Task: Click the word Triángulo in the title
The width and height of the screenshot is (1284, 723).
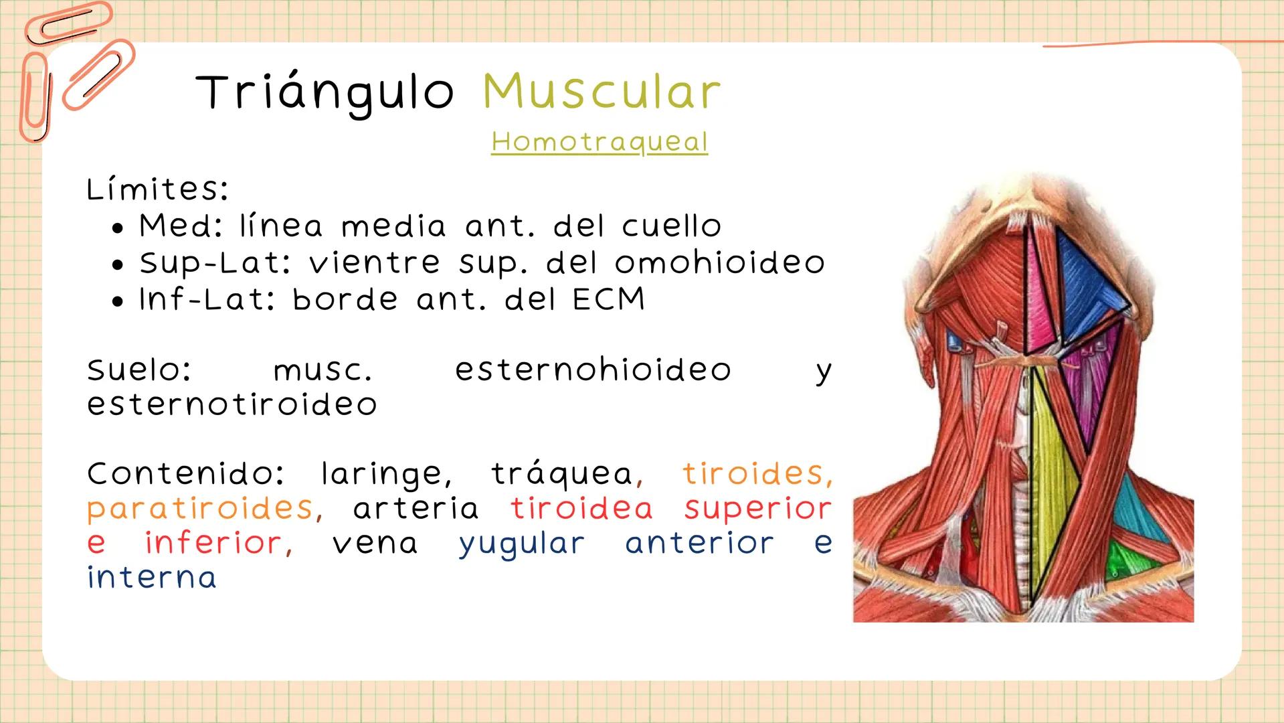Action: (x=325, y=92)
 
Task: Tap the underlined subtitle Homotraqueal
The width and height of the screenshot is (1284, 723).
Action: (x=599, y=142)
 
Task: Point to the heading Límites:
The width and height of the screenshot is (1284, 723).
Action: (x=157, y=189)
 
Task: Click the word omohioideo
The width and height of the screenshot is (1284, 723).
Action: (x=720, y=263)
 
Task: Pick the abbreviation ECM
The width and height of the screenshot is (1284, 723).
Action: (x=609, y=299)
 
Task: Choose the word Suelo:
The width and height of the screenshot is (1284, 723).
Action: (x=139, y=370)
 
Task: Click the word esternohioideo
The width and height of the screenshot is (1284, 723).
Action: (x=593, y=370)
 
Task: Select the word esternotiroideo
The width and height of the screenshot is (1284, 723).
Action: (x=232, y=404)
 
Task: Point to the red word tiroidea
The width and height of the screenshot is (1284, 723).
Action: (x=581, y=509)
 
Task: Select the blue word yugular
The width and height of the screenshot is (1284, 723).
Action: (x=521, y=544)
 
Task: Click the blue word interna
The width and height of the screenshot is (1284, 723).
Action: (x=152, y=578)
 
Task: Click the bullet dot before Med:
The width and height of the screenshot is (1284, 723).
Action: (x=118, y=228)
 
